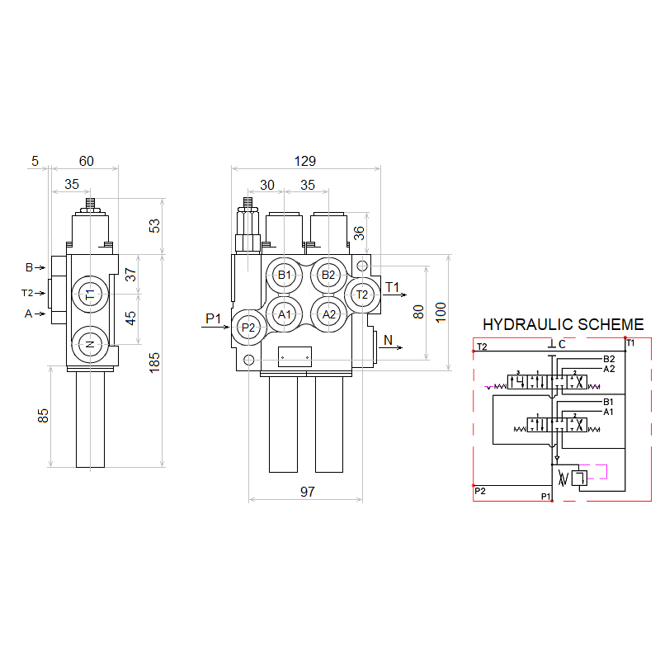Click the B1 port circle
coord(285,275)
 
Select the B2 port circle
coord(328,275)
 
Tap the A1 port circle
coord(285,313)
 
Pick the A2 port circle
coord(328,313)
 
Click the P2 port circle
coord(248,327)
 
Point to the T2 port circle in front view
coord(361,294)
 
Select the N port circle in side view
coord(90,344)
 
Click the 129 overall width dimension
coord(305,161)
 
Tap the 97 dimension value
coord(307,492)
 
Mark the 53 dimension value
coord(154,226)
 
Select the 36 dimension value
coord(360,233)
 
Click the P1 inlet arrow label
coord(214,318)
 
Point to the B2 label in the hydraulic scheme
coord(609,359)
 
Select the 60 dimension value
coord(86,161)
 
